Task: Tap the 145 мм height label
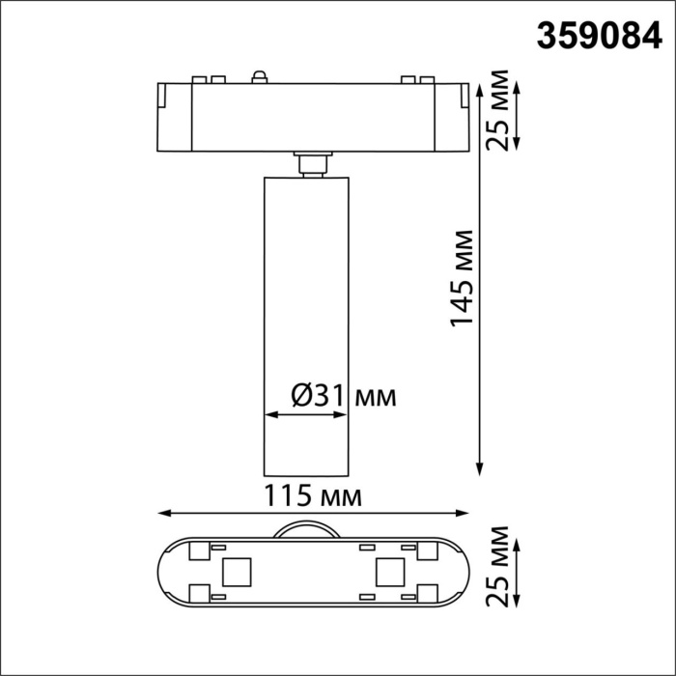point(464,278)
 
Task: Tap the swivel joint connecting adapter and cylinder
point(311,165)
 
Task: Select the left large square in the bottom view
point(234,573)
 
